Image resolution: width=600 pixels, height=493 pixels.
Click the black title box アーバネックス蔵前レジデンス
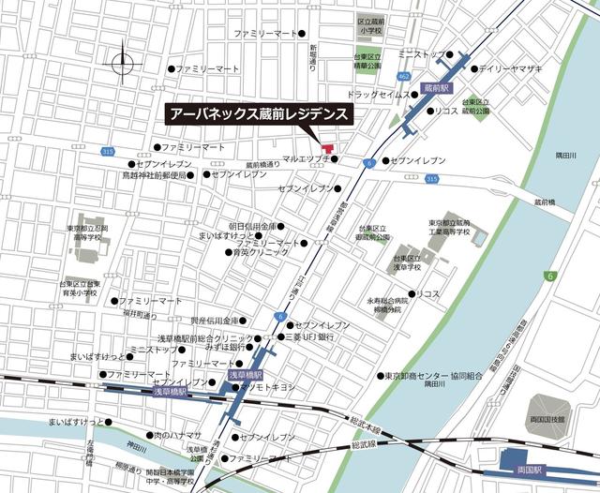[259, 114]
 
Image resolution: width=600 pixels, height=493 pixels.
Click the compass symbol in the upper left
[123, 64]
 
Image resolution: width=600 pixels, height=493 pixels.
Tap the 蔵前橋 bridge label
[552, 201]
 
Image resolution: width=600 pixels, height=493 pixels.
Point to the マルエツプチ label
[307, 159]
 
